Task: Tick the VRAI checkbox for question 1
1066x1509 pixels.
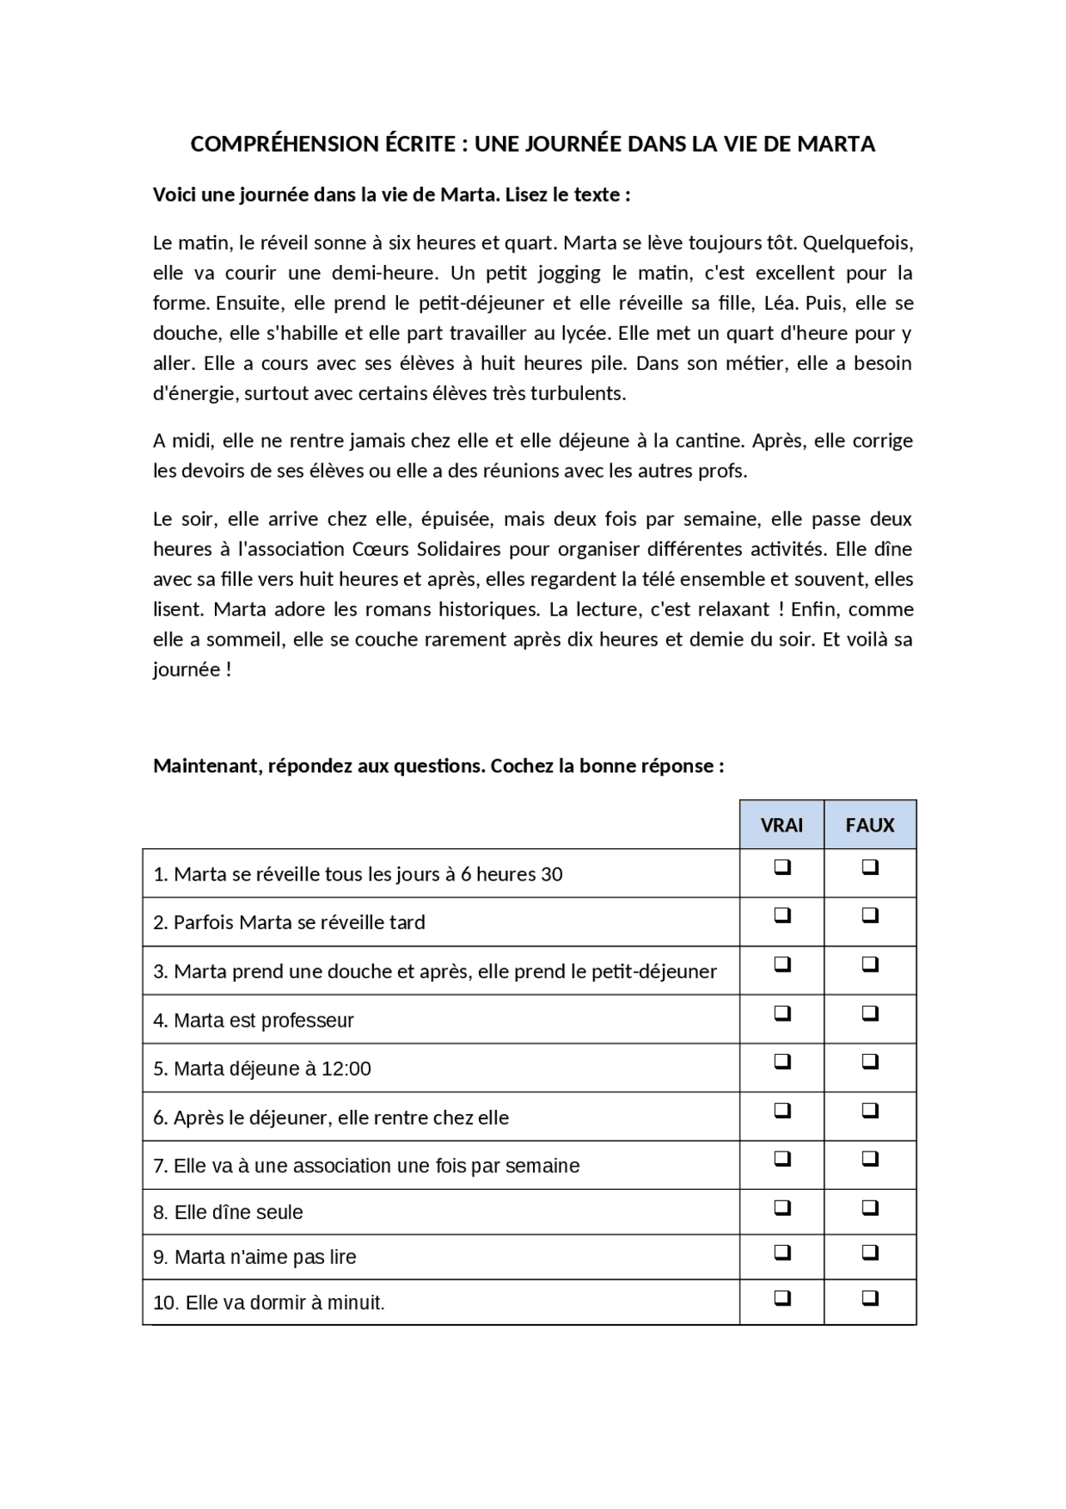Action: [x=782, y=867]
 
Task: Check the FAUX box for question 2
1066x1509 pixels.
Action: [x=869, y=915]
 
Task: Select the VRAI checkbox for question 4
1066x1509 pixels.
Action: [x=782, y=1013]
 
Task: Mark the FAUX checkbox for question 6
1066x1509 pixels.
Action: [x=869, y=1111]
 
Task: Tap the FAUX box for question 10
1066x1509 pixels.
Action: [x=869, y=1297]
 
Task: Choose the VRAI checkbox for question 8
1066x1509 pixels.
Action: [x=782, y=1207]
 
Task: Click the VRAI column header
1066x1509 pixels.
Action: [x=781, y=825]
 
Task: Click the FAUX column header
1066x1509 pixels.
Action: [x=869, y=825]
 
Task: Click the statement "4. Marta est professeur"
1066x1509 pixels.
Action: [x=254, y=1021]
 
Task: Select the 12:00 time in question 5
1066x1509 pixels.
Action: [x=346, y=1069]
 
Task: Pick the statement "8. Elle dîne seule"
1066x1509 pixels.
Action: [x=228, y=1212]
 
